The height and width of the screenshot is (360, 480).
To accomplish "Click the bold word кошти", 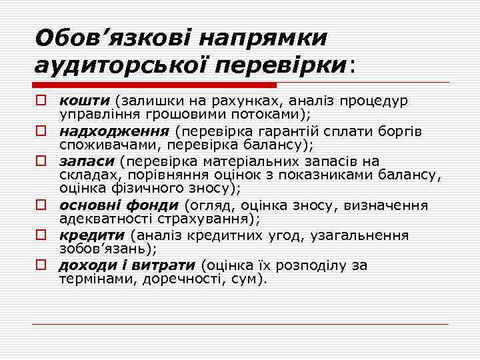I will pyautogui.click(x=85, y=101).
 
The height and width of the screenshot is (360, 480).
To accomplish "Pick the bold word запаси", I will pyautogui.click(x=87, y=161).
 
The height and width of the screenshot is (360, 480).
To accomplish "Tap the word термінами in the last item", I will pyautogui.click(x=93, y=279).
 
